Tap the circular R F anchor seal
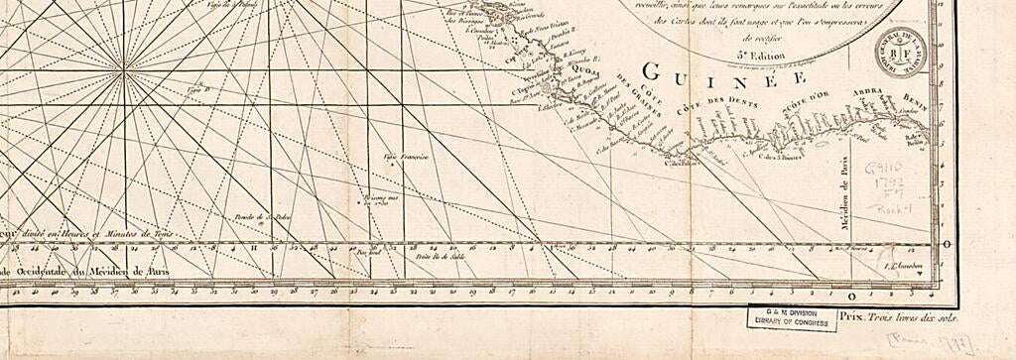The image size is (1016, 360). [893, 55]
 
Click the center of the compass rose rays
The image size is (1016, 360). [125, 71]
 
